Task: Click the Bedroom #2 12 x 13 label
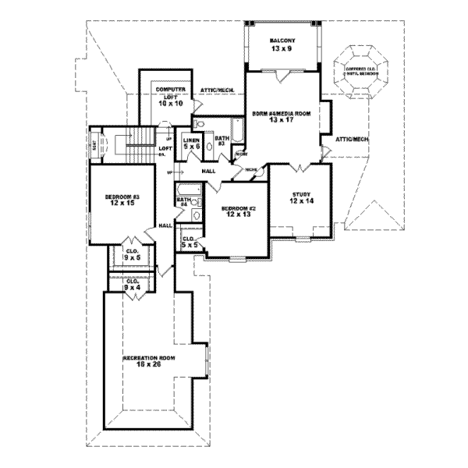(234, 211)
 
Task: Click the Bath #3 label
(222, 141)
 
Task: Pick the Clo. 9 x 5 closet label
(132, 254)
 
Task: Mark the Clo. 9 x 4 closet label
(132, 285)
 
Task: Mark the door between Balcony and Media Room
(283, 74)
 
